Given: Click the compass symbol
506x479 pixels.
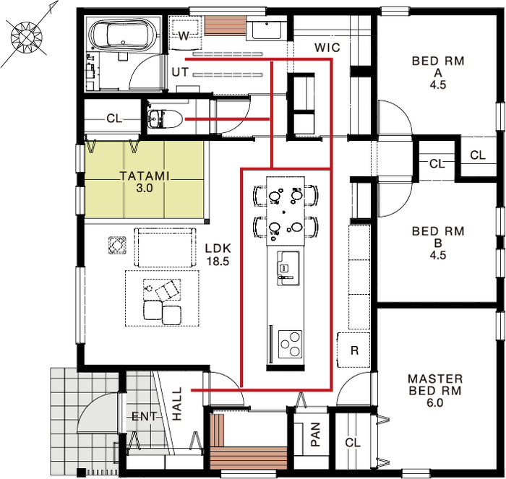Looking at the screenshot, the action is (27, 37).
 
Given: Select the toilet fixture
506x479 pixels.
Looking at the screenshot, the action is (166, 119).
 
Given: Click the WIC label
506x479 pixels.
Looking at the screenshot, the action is (327, 48).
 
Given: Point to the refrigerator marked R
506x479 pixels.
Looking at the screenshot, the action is (353, 350).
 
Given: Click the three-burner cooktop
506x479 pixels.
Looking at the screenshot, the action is (290, 344).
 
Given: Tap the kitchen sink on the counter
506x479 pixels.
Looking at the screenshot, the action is (288, 268).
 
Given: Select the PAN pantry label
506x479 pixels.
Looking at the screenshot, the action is (315, 434).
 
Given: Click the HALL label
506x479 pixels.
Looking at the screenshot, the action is (177, 404).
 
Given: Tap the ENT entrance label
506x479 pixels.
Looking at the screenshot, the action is (145, 416).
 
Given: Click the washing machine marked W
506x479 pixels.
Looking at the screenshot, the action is (184, 35).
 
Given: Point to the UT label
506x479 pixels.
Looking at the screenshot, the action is (180, 72).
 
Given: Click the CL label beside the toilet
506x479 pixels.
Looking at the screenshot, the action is (114, 118).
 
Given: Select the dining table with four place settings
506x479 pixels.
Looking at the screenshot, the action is (286, 211).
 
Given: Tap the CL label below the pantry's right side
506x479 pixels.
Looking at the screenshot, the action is (353, 443).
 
